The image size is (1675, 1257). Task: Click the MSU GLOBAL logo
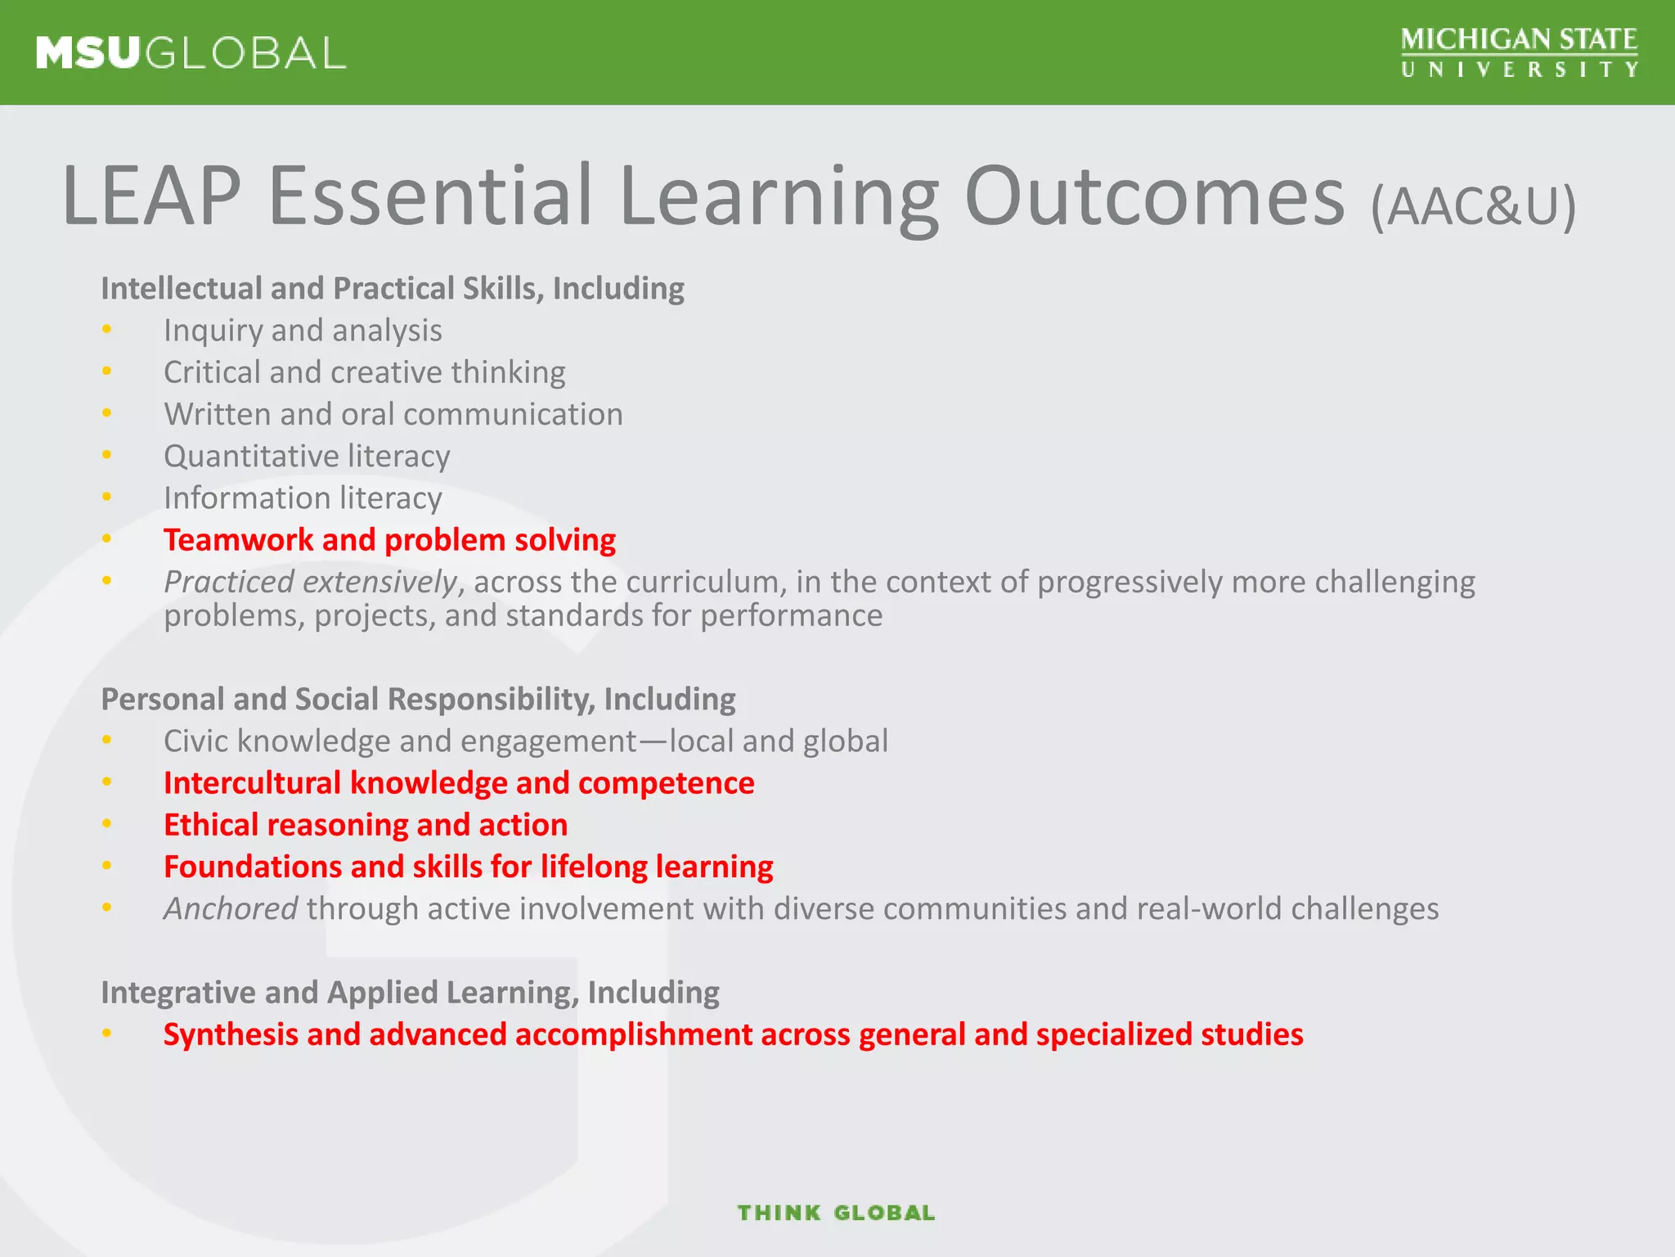[191, 53]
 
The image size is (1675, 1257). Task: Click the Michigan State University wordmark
[1519, 52]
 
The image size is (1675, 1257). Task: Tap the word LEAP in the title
[151, 196]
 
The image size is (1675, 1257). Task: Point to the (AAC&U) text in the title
[1473, 206]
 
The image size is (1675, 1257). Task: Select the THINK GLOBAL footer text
[836, 1213]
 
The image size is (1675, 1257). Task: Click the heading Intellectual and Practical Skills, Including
[393, 289]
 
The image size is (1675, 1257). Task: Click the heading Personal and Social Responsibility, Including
[418, 700]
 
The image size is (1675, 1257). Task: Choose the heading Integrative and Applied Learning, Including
[410, 993]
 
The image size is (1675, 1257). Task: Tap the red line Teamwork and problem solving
[389, 540]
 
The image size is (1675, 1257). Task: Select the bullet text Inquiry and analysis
[303, 331]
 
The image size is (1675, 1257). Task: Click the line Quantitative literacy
[307, 457]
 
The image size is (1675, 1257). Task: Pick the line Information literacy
[303, 498]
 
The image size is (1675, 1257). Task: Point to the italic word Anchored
[231, 908]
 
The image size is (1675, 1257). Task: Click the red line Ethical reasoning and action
[366, 825]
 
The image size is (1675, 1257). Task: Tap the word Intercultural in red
[252, 783]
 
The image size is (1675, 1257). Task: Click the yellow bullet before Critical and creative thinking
[106, 372]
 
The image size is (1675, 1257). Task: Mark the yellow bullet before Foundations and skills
[106, 866]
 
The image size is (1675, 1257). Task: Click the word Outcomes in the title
[1154, 196]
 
